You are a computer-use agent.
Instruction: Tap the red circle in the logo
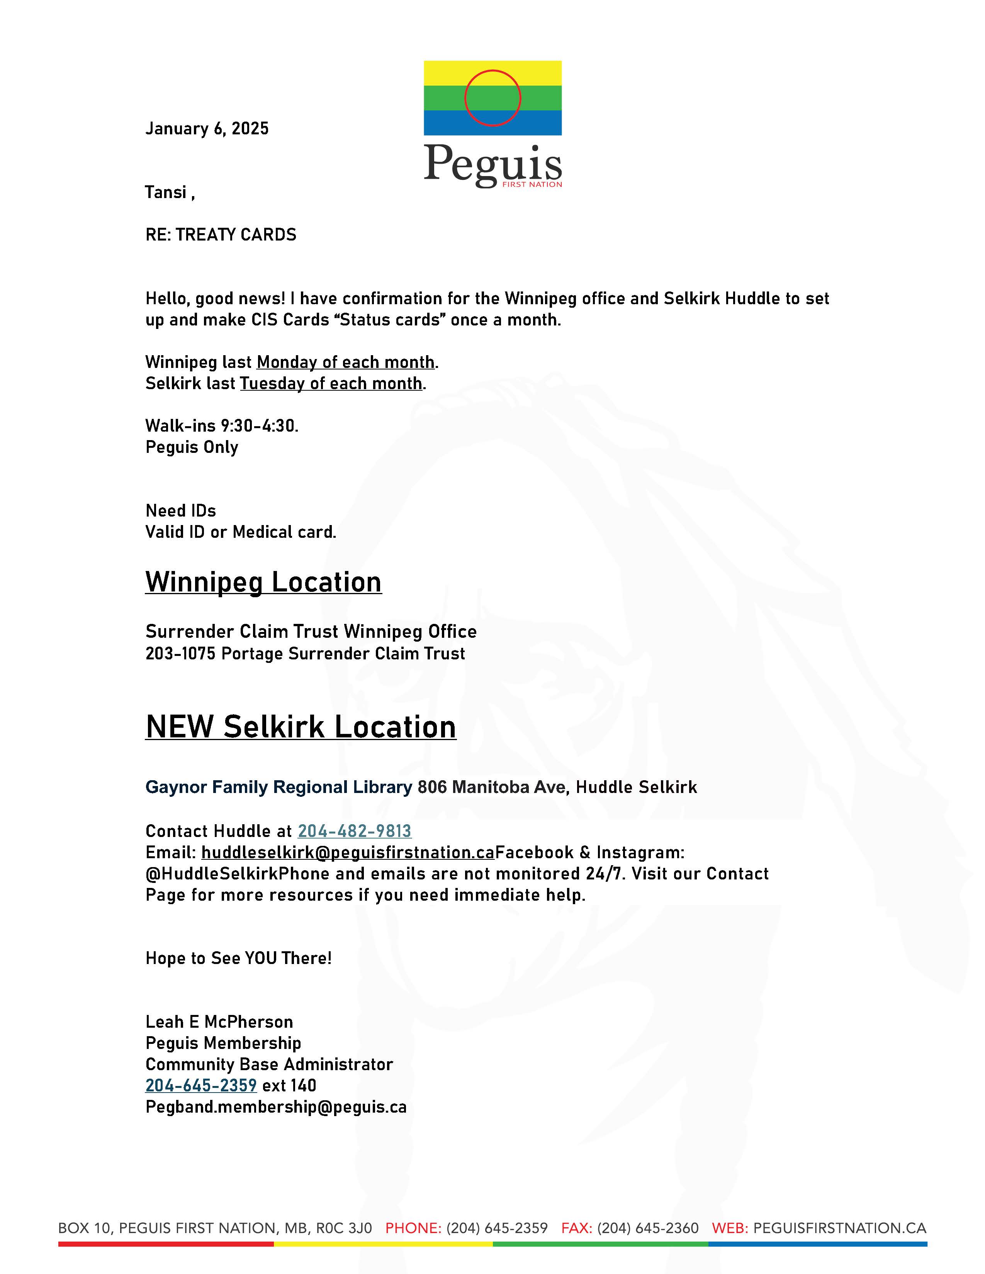coord(492,98)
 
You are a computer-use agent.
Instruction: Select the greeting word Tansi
coord(166,193)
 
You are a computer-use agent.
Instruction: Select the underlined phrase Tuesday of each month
coord(331,383)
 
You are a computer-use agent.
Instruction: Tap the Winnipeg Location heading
coord(263,582)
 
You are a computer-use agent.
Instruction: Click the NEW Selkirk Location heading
coord(301,727)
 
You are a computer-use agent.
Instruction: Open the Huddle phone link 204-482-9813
coord(354,831)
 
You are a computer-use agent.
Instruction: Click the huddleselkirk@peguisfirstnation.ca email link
coord(348,852)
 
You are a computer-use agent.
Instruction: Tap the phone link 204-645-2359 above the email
coord(201,1086)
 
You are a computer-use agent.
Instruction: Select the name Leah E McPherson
coord(219,1022)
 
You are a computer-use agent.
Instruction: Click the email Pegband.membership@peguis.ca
coord(275,1107)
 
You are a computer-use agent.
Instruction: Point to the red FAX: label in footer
coord(577,1228)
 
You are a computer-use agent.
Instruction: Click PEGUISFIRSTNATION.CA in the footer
coord(839,1228)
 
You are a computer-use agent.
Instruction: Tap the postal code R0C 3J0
coord(344,1228)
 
